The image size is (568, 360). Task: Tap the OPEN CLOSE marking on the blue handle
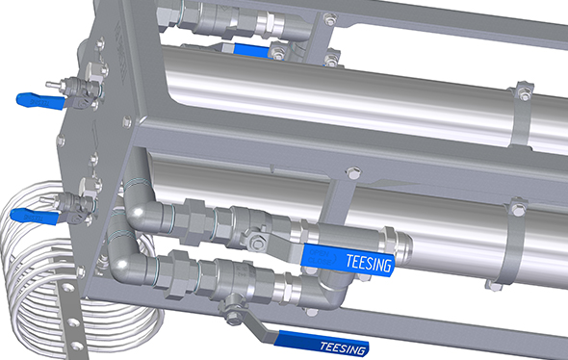(319, 256)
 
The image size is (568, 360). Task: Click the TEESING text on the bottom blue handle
(343, 347)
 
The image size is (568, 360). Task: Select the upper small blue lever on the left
(40, 101)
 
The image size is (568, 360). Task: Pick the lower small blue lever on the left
(35, 217)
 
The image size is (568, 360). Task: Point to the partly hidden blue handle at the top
(252, 50)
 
